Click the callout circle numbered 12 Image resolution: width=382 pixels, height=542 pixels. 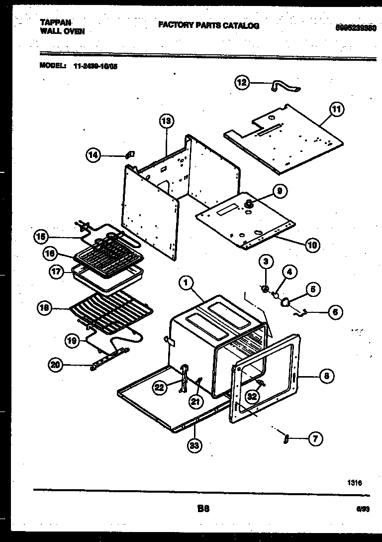point(242,83)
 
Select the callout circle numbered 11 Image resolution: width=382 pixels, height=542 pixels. point(337,109)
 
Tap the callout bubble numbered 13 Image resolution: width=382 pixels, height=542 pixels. point(167,121)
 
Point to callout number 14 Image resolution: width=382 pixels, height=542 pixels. point(93,156)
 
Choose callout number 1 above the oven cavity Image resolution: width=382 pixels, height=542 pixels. point(186,283)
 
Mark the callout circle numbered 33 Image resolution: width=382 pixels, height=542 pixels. point(195,446)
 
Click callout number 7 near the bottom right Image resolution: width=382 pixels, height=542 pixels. point(315,439)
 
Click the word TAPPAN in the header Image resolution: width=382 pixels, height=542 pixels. point(55,23)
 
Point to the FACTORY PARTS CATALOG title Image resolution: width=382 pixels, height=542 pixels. point(208,25)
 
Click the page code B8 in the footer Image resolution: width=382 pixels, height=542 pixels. point(203,509)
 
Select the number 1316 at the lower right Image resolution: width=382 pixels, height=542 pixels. point(355,482)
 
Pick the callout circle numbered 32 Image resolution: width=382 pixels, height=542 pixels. point(252,397)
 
